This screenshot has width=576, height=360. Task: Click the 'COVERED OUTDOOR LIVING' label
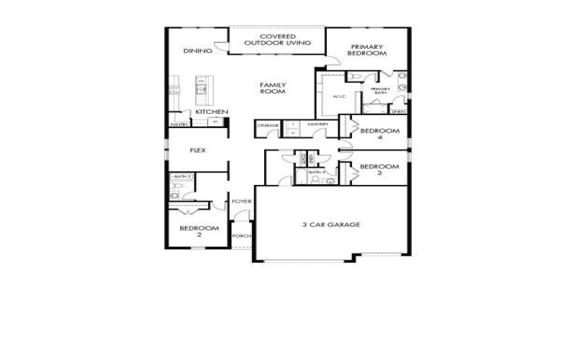[277, 40]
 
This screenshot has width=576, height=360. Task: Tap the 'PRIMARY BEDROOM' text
[368, 50]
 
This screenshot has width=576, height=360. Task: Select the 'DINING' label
[197, 51]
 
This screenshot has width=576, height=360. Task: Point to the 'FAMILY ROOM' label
[273, 88]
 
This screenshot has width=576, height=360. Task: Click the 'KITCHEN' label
[212, 112]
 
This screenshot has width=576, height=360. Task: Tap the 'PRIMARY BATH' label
[379, 91]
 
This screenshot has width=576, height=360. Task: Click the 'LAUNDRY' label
[318, 125]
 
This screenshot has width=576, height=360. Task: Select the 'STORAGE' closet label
[268, 125]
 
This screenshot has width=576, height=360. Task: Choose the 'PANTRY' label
[179, 125]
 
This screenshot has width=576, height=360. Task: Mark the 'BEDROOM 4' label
[379, 134]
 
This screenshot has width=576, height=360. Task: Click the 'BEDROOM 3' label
[379, 170]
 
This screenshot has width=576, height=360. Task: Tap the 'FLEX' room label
[197, 151]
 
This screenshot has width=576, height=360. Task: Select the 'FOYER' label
[241, 202]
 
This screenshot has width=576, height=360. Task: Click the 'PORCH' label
[241, 235]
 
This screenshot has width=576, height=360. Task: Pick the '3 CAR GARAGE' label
[330, 225]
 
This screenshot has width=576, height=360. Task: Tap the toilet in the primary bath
[357, 77]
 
